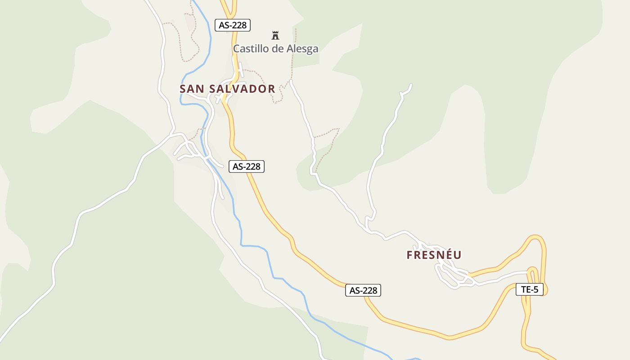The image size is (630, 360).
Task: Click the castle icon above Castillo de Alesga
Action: tap(275, 35)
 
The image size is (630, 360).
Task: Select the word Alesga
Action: tap(301, 49)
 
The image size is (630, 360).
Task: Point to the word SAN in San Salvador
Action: tap(192, 89)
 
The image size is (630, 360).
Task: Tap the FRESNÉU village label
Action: tap(434, 255)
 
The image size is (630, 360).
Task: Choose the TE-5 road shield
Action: tap(530, 289)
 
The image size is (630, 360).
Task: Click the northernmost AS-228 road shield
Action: tap(232, 25)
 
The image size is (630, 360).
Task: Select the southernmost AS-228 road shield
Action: tap(363, 290)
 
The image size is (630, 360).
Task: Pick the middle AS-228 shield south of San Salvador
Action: tap(247, 166)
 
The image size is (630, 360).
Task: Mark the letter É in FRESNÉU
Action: tap(446, 255)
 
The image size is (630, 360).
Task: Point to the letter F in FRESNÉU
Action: tap(409, 255)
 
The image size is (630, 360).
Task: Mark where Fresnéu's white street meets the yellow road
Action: tap(469, 274)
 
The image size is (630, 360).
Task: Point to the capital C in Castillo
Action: tap(236, 49)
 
